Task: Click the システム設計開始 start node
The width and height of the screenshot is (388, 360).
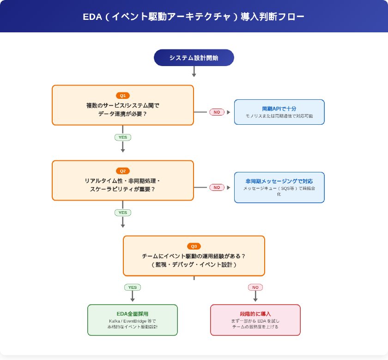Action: click(194, 58)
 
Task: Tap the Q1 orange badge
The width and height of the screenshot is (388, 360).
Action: click(122, 96)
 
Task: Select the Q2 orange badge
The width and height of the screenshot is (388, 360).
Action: click(122, 171)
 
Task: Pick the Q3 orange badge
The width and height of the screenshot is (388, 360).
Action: click(194, 246)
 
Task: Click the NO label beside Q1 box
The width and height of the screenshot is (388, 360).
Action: click(217, 112)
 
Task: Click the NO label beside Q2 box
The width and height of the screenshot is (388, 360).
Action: click(217, 187)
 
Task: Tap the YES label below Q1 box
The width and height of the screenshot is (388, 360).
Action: click(122, 137)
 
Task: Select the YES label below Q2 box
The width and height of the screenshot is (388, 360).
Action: click(122, 213)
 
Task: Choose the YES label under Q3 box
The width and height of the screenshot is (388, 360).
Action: click(132, 287)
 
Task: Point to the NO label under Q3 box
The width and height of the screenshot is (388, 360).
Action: click(255, 287)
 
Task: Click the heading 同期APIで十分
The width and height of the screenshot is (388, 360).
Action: click(279, 109)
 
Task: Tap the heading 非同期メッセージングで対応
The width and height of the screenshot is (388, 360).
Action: click(279, 181)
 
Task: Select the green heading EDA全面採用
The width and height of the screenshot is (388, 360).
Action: click(132, 314)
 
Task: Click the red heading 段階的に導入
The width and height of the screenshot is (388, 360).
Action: click(255, 314)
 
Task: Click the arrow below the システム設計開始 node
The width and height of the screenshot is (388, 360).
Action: click(194, 72)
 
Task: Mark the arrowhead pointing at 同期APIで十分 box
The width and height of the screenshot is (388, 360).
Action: click(228, 112)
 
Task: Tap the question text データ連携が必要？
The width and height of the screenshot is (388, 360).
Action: click(122, 114)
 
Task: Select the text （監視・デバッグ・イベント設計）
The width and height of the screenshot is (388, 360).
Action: click(194, 265)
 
